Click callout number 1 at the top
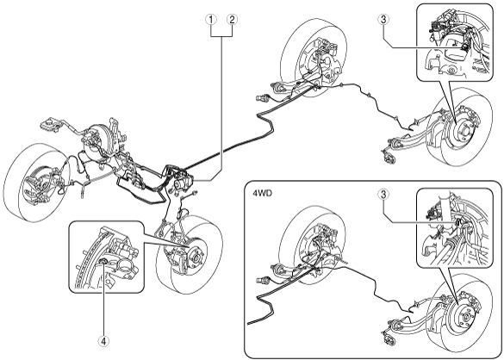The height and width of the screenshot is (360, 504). pyautogui.click(x=211, y=20)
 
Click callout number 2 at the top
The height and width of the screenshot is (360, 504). pyautogui.click(x=232, y=20)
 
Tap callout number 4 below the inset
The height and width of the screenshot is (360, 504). pyautogui.click(x=103, y=341)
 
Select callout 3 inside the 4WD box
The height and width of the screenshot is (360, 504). pyautogui.click(x=383, y=195)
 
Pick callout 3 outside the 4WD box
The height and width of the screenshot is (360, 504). pyautogui.click(x=383, y=20)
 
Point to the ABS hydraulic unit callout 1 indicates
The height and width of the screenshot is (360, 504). pyautogui.click(x=182, y=183)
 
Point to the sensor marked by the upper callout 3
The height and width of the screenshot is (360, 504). pyautogui.click(x=464, y=47)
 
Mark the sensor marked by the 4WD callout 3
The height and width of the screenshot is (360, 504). pyautogui.click(x=458, y=222)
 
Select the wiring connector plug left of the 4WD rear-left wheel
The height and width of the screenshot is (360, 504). pyautogui.click(x=262, y=280)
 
